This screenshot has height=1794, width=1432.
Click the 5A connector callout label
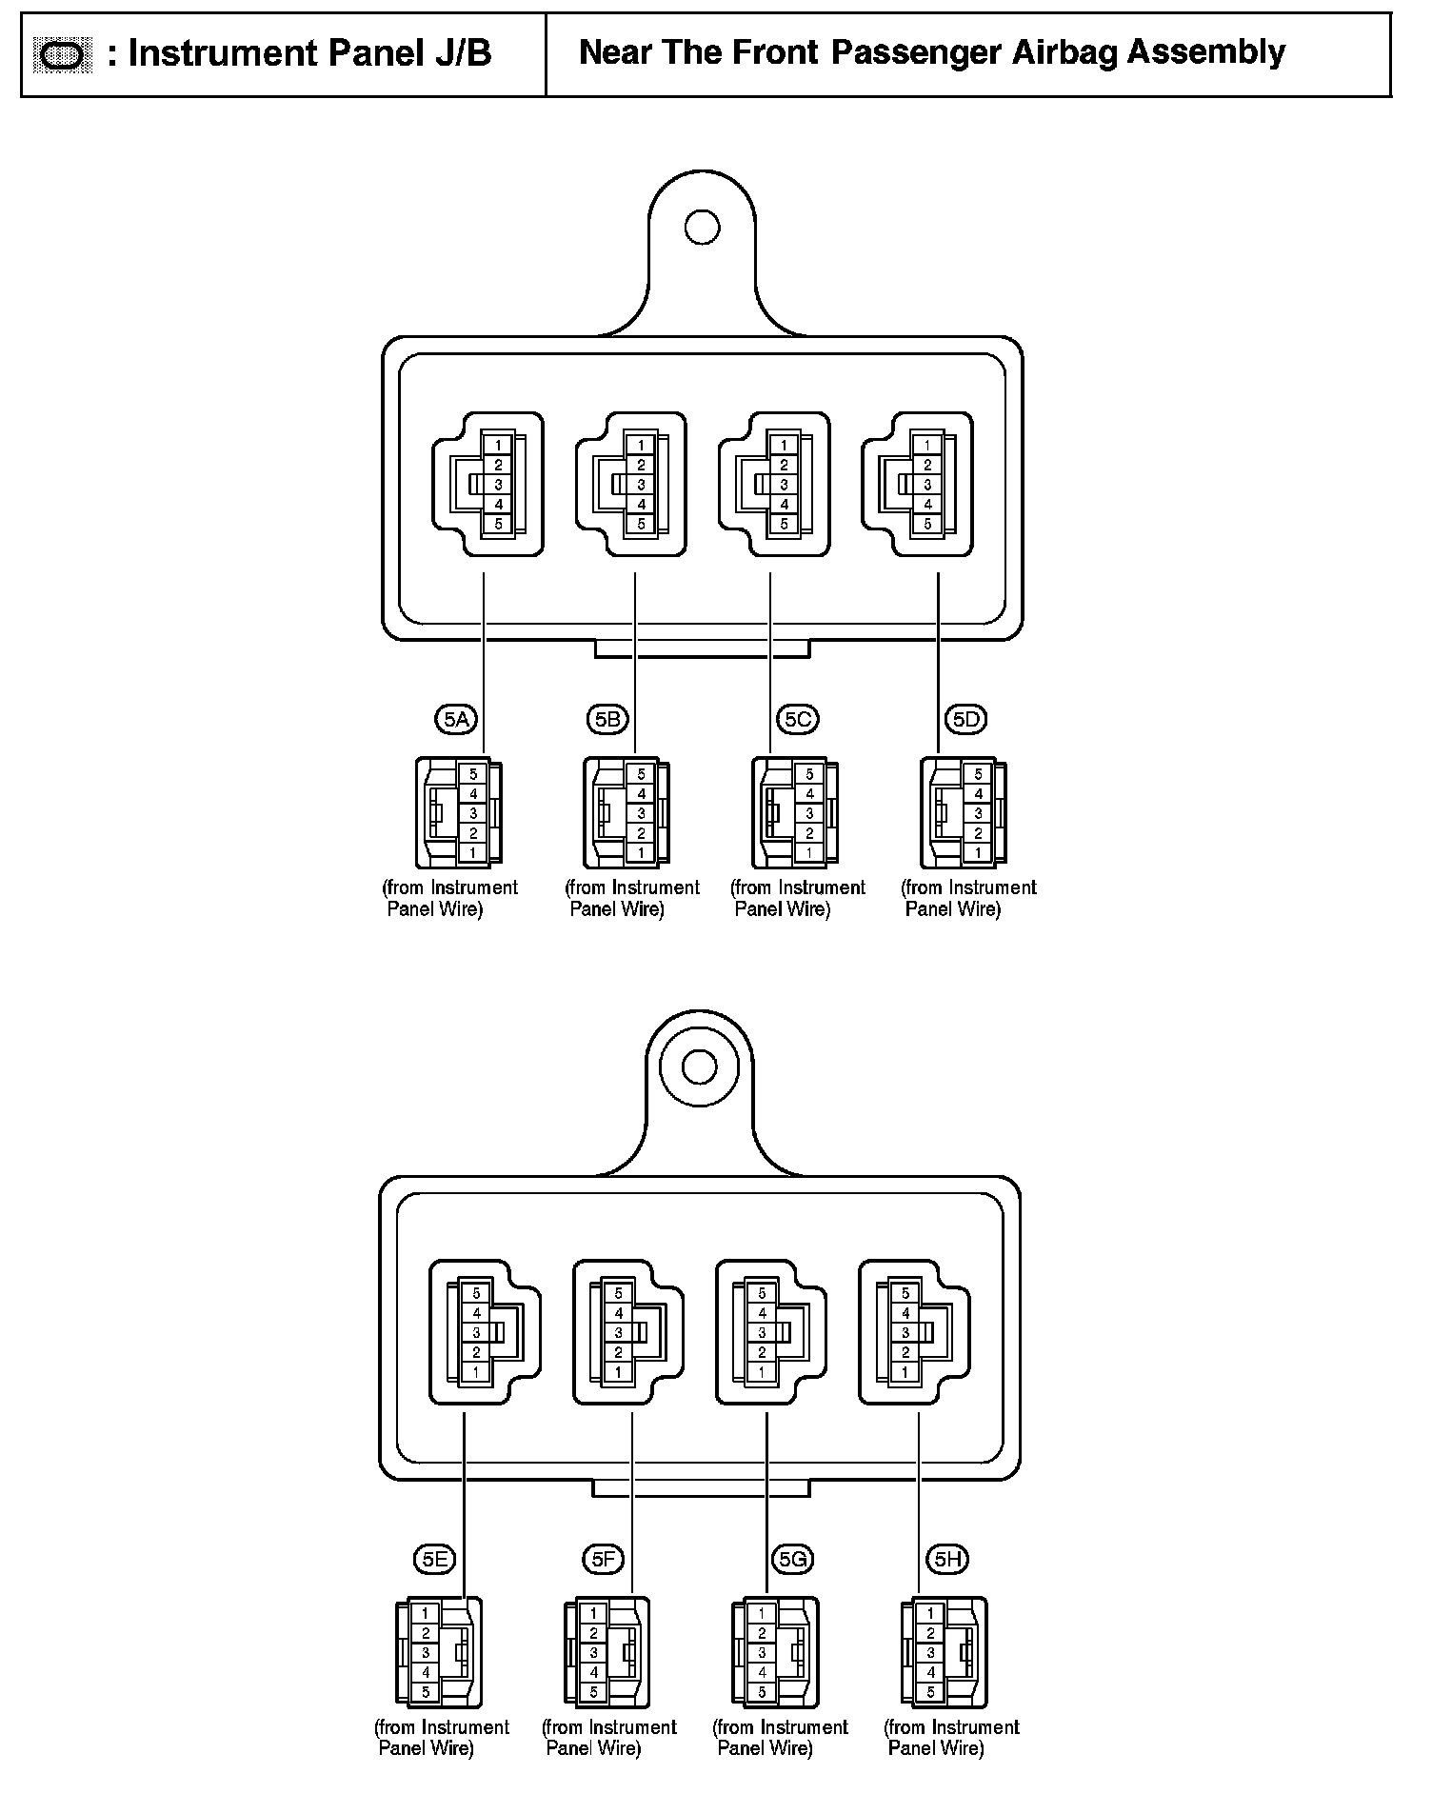click(456, 719)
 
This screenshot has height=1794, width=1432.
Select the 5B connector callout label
click(607, 719)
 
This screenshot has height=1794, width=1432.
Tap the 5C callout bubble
click(798, 719)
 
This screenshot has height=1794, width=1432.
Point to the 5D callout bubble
click(965, 719)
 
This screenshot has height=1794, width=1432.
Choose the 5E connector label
click(434, 1559)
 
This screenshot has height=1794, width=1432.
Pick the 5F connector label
click(603, 1559)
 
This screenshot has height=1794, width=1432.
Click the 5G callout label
click(793, 1559)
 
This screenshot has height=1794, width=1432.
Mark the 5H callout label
click(947, 1559)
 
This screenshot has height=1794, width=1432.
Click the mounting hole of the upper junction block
click(703, 228)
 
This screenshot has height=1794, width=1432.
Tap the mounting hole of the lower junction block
click(700, 1066)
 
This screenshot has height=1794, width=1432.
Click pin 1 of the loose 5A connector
click(472, 853)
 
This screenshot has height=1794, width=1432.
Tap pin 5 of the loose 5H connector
click(930, 1693)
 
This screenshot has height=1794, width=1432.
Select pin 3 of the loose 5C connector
click(809, 813)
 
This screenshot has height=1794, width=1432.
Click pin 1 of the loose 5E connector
click(426, 1614)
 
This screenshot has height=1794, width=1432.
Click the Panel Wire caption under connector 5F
click(592, 1748)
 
